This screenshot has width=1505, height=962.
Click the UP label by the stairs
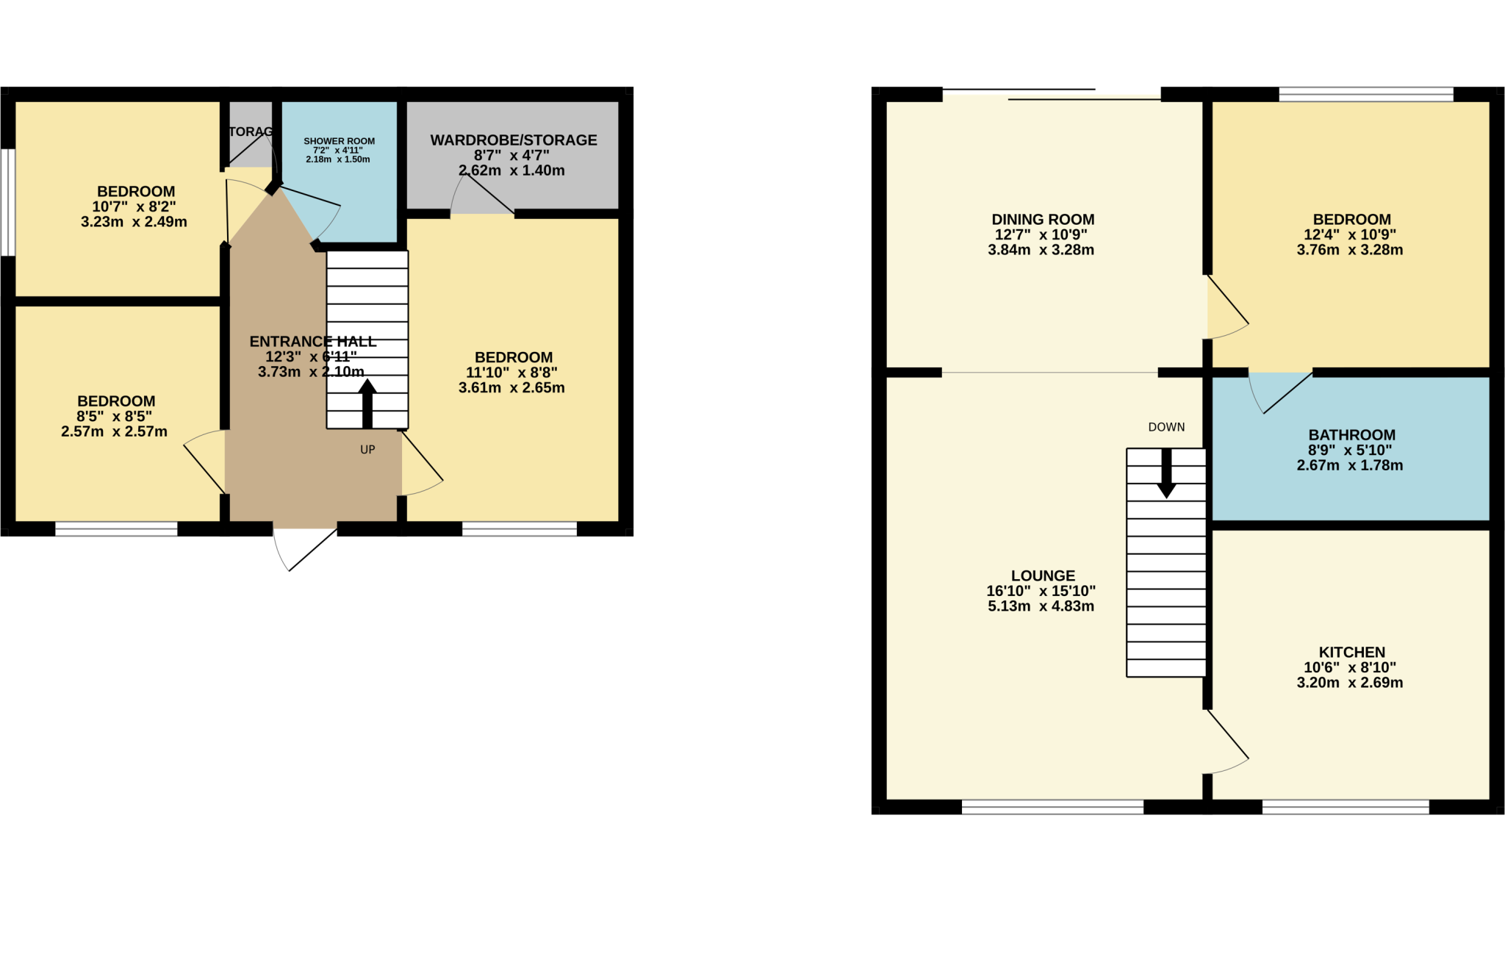click(x=367, y=450)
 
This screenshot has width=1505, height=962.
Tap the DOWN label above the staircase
click(x=1166, y=427)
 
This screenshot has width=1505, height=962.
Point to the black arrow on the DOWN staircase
click(x=1166, y=474)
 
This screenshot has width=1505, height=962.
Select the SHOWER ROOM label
click(x=339, y=141)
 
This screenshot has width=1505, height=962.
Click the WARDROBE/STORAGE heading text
click(x=514, y=140)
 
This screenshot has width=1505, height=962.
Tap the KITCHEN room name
click(x=1351, y=653)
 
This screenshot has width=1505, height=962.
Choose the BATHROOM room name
click(x=1351, y=435)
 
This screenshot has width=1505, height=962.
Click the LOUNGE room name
click(x=1043, y=576)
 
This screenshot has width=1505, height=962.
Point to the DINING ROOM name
click(x=1043, y=220)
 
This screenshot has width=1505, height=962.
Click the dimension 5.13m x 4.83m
click(x=1041, y=606)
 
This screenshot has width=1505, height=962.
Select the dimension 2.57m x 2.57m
click(x=114, y=431)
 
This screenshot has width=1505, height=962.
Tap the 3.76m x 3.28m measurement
click(x=1349, y=250)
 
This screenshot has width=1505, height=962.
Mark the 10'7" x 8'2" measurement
click(x=134, y=207)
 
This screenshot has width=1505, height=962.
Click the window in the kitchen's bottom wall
click(x=1346, y=807)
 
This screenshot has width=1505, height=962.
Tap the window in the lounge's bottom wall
click(x=1052, y=807)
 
